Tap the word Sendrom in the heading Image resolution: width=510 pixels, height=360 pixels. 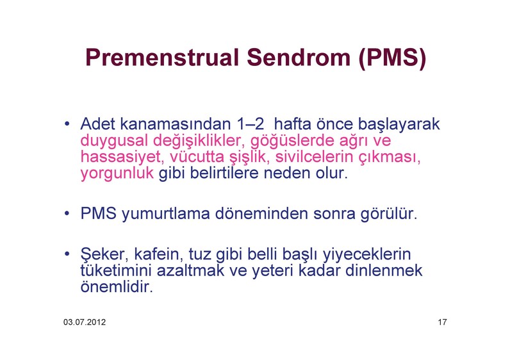pyautogui.click(x=299, y=58)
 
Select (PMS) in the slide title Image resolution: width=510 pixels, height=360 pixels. pyautogui.click(x=392, y=58)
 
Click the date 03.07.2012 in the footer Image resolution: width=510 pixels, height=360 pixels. pyautogui.click(x=85, y=322)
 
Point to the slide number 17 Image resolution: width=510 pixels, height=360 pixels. pyautogui.click(x=442, y=322)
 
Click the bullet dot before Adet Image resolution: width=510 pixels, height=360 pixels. pyautogui.click(x=67, y=124)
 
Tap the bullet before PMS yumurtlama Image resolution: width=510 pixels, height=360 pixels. pyautogui.click(x=67, y=214)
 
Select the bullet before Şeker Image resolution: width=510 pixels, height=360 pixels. pyautogui.click(x=67, y=254)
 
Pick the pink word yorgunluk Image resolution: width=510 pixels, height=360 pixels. pyautogui.click(x=117, y=174)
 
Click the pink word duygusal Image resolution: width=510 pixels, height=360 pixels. pyautogui.click(x=114, y=141)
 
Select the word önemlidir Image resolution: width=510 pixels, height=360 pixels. pyautogui.click(x=117, y=286)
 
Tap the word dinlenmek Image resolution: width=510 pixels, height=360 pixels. pyautogui.click(x=384, y=270)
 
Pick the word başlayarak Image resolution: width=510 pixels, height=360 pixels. pyautogui.click(x=399, y=124)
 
